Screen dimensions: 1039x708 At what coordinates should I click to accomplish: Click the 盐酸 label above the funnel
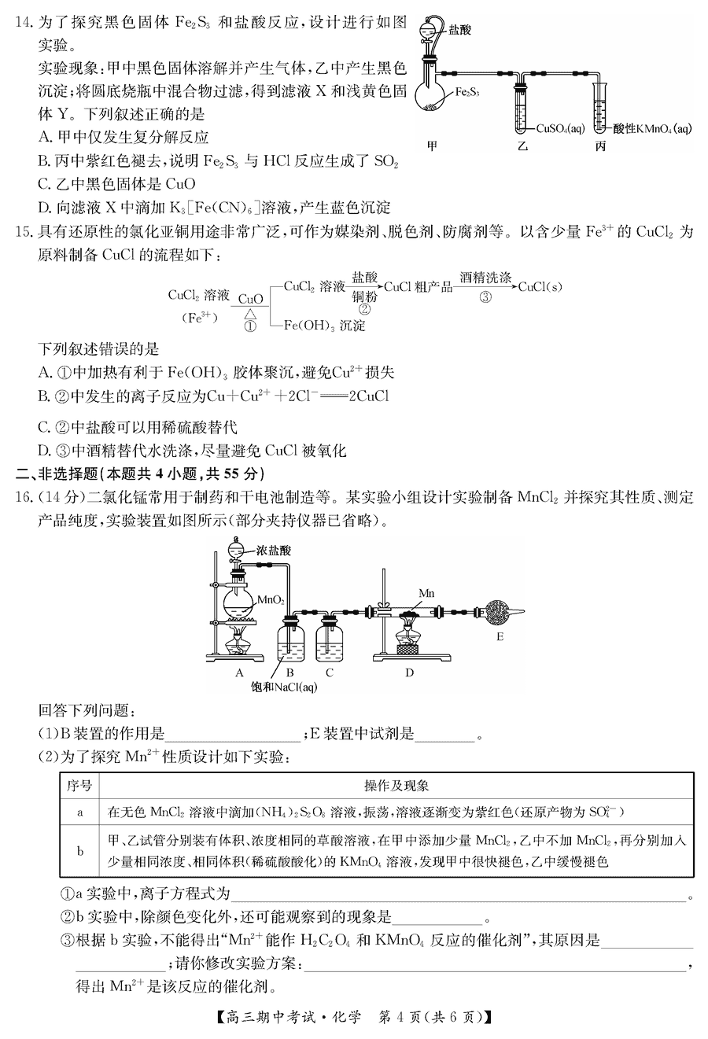tap(460, 31)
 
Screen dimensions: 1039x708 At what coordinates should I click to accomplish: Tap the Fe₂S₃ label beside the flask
tap(469, 91)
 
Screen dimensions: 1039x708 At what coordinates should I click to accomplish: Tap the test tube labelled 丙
tap(601, 109)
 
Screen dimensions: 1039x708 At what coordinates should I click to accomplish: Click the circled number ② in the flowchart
tap(364, 309)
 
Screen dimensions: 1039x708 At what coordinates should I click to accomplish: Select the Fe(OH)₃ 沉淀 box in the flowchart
tap(324, 325)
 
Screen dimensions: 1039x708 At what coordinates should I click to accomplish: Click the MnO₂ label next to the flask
tap(271, 600)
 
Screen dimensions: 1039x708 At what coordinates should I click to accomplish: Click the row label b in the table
tap(79, 850)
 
